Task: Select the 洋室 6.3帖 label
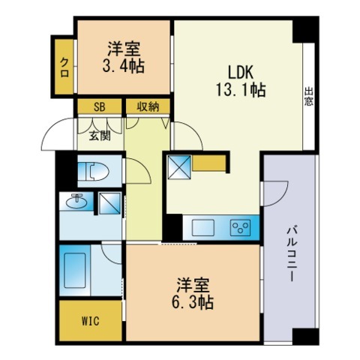point(195,294)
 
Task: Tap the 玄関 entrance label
point(100,135)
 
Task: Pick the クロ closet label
point(65,64)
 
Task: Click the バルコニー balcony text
point(292,252)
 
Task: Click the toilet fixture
point(94,171)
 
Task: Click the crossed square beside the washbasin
point(110,203)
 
